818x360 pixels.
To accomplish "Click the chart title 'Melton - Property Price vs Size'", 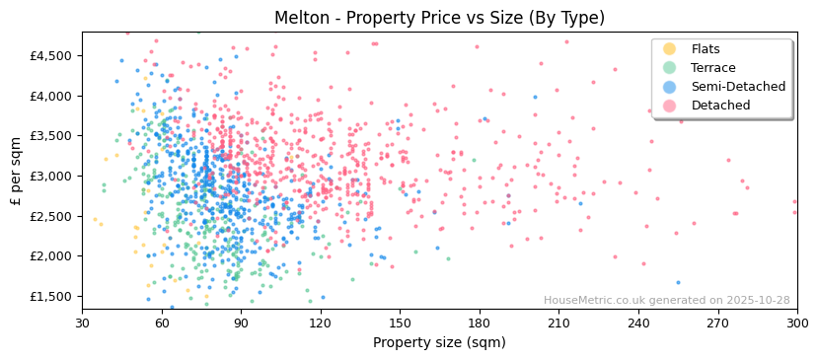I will click(439, 18).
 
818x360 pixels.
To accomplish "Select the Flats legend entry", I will click(705, 49).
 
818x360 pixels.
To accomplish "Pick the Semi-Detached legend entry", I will click(738, 87).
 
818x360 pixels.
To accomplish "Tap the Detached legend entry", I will click(720, 106).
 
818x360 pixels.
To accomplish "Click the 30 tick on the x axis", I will click(82, 324).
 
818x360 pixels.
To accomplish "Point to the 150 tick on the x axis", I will click(400, 324).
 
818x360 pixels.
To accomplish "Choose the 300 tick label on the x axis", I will click(797, 324).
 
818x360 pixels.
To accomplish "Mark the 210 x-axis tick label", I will click(558, 324).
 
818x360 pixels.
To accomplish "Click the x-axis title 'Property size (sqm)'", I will click(439, 343).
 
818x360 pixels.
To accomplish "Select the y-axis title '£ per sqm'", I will click(16, 172).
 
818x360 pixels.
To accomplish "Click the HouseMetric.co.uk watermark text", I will click(667, 301).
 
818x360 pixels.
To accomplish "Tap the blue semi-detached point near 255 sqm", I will click(678, 282).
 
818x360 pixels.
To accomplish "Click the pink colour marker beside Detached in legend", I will click(670, 106).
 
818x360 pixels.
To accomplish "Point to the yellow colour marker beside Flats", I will click(670, 49).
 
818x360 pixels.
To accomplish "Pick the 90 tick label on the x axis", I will click(241, 324).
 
